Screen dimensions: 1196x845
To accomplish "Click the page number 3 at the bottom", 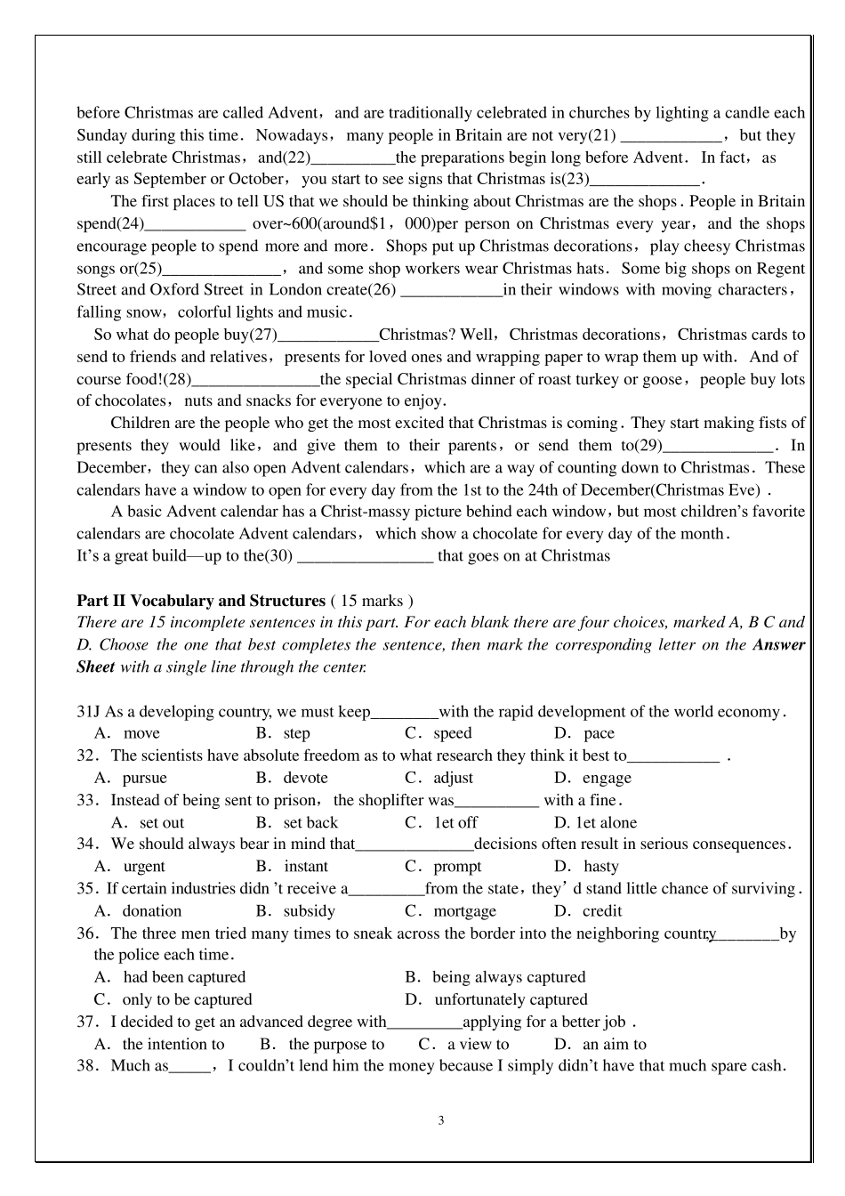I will pyautogui.click(x=441, y=1120).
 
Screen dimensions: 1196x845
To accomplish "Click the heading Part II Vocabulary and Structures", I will pyautogui.click(x=200, y=601).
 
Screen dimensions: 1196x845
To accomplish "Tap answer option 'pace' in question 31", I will pyautogui.click(x=599, y=733).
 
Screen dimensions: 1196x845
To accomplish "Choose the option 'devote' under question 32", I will pyautogui.click(x=306, y=778).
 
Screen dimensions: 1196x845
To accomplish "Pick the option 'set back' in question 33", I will pyautogui.click(x=310, y=822).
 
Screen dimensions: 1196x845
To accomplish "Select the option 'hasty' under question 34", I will pyautogui.click(x=600, y=866).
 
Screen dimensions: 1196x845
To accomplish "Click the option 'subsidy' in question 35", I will pyautogui.click(x=309, y=910).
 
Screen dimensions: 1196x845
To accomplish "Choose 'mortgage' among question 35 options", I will pyautogui.click(x=464, y=910).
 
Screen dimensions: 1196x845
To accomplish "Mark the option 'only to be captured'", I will pyautogui.click(x=187, y=999).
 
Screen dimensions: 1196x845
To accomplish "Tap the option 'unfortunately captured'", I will pyautogui.click(x=511, y=999).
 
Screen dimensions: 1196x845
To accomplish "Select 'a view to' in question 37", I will pyautogui.click(x=478, y=1044).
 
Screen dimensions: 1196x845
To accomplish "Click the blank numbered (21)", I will pyautogui.click(x=669, y=136).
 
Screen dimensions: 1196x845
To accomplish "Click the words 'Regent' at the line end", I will pyautogui.click(x=781, y=268).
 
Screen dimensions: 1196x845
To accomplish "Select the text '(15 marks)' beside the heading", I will pyautogui.click(x=371, y=601).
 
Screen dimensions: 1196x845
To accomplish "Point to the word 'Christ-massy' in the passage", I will pyautogui.click(x=363, y=512).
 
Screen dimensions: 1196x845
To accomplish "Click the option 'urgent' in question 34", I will pyautogui.click(x=143, y=866).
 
